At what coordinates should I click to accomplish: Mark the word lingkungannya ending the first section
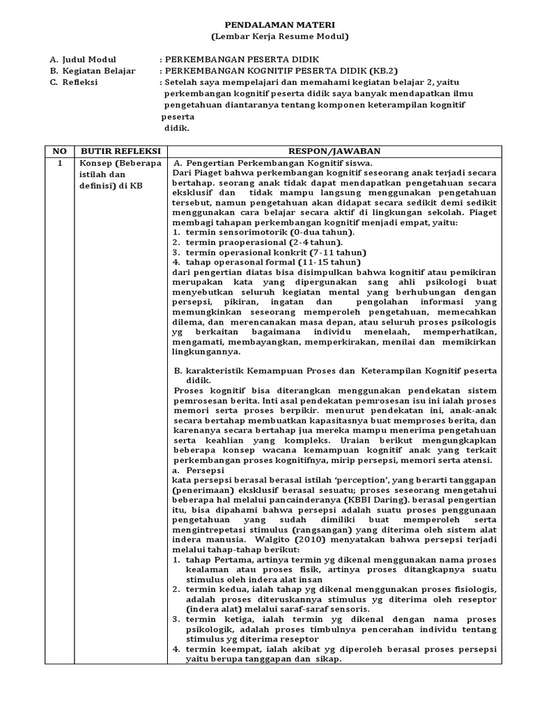tap(208, 352)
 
